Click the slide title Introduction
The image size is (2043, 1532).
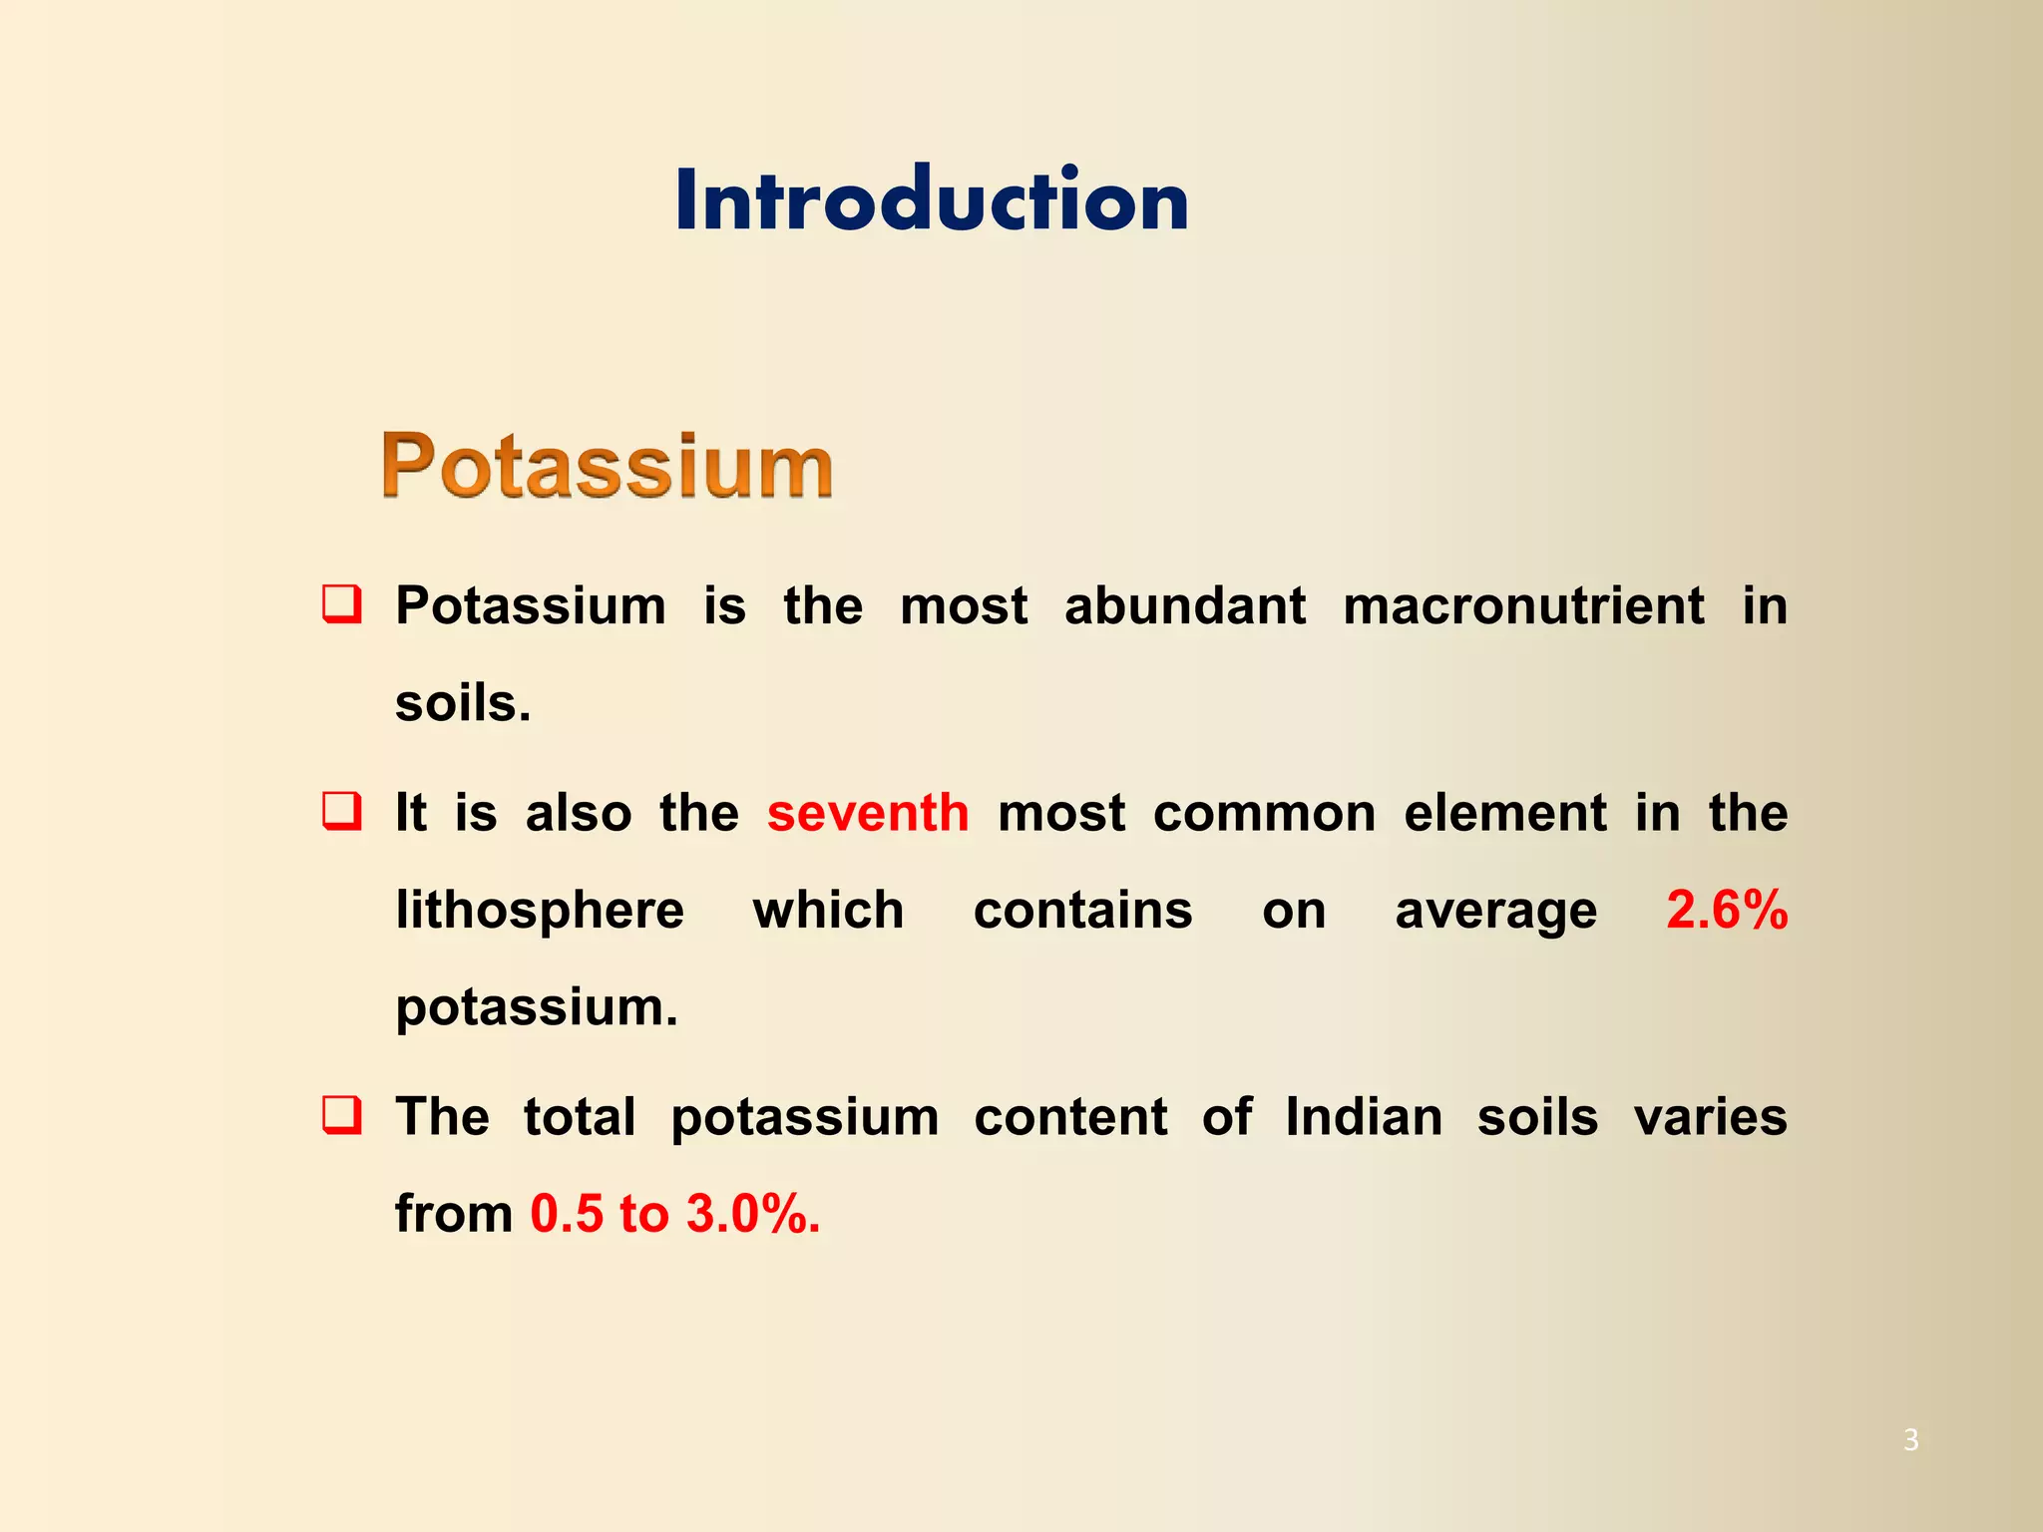click(932, 200)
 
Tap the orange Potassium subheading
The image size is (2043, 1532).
click(607, 466)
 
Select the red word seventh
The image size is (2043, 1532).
click(868, 813)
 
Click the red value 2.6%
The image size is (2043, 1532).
click(1727, 910)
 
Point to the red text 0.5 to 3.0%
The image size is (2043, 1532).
click(675, 1214)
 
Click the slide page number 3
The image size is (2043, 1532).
click(1910, 1440)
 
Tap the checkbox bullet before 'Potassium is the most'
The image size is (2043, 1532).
click(342, 605)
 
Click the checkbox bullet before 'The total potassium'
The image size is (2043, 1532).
click(342, 1115)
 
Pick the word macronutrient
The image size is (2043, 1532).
click(1523, 606)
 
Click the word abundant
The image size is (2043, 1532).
click(1184, 606)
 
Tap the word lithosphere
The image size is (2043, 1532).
click(540, 910)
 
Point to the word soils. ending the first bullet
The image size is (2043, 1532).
click(463, 703)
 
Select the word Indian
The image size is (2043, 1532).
click(1363, 1117)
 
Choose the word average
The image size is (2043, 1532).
click(1495, 912)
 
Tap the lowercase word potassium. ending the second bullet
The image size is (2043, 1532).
click(537, 1008)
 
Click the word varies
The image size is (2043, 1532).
click(1710, 1117)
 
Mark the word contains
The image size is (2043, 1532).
click(1082, 910)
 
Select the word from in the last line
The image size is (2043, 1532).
click(454, 1214)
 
